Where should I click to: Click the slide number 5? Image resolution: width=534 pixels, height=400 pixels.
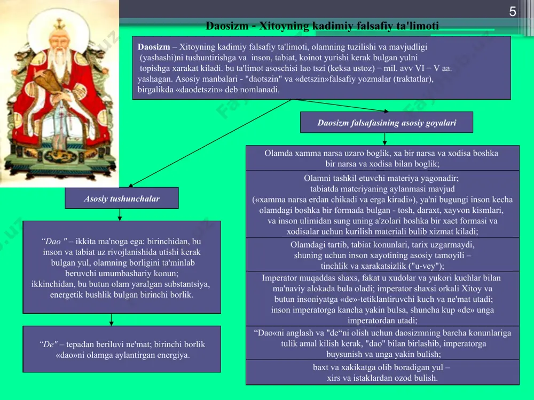coord(513,12)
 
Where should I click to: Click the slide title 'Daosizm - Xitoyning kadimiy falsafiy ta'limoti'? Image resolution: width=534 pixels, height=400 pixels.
coord(322,26)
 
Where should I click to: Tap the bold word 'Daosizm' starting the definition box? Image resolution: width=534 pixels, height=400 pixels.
coord(154,47)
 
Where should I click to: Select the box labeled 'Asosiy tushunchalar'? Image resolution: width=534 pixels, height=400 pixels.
coord(122,198)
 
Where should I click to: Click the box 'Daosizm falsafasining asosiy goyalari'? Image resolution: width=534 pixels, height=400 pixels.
coord(387,123)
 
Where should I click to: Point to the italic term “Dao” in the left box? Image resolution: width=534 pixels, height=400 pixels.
coord(54,242)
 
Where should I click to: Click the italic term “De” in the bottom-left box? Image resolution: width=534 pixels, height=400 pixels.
coord(49,344)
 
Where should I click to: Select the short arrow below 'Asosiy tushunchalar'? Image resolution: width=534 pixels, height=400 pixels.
coord(120,214)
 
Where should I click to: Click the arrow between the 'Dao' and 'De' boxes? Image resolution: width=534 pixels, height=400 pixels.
coord(112,319)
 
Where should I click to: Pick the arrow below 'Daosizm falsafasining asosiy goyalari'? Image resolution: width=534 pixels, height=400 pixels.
coord(384,139)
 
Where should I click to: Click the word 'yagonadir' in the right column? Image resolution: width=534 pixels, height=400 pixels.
coord(441,178)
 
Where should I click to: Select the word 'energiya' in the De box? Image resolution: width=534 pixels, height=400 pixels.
coord(172,355)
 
